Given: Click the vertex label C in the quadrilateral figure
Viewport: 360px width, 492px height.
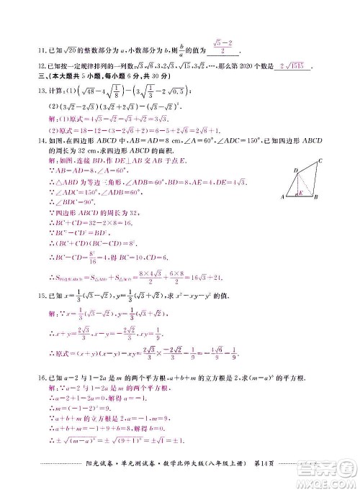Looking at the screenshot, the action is [x=319, y=160].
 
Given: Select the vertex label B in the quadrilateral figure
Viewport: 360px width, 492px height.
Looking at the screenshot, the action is [x=317, y=197].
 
